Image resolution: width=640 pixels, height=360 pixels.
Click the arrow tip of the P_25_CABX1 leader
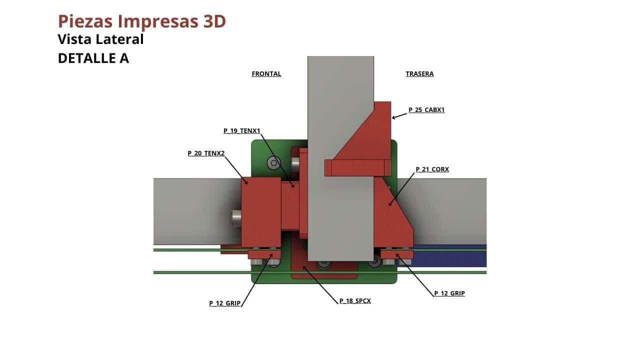pos(392,118)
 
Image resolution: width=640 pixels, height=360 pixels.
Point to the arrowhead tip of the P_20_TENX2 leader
pos(247,184)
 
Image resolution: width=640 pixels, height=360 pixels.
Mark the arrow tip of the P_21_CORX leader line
pos(388,205)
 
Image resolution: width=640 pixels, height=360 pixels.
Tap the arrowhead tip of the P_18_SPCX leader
pos(303,266)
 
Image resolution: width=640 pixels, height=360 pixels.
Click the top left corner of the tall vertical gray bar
pos(307,56)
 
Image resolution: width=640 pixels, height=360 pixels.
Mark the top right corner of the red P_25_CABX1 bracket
pos(391,101)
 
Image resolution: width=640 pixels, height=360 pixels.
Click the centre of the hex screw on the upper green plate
pos(273,163)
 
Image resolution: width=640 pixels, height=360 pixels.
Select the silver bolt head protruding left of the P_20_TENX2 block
pos(236,218)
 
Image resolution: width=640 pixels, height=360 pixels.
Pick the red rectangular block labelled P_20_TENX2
pos(261,212)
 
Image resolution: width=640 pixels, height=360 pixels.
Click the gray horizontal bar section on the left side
pos(197,211)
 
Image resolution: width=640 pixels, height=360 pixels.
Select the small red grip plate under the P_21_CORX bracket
pos(397,254)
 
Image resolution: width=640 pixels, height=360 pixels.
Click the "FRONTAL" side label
pos(266,73)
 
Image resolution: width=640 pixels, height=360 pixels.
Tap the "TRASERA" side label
pos(419,73)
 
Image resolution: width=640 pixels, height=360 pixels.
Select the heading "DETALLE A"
pos(93,58)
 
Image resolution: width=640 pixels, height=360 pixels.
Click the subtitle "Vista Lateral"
pos(100,39)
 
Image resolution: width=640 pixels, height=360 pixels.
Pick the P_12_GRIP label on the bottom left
pos(225,303)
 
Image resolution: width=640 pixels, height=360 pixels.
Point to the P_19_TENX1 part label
pos(241,131)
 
